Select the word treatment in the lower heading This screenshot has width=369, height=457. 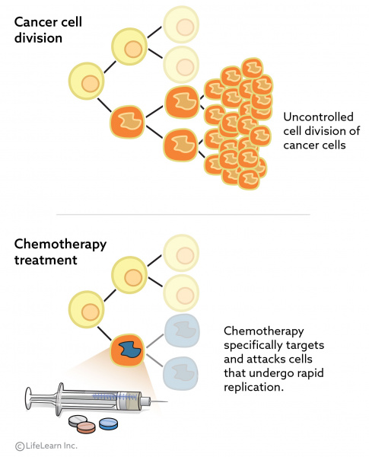45,260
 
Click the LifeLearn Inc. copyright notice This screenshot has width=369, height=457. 46,446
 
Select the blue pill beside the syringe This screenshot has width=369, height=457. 108,423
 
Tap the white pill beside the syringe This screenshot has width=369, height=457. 78,420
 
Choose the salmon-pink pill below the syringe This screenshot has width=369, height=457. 86,427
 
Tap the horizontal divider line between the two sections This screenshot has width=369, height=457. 184,215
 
